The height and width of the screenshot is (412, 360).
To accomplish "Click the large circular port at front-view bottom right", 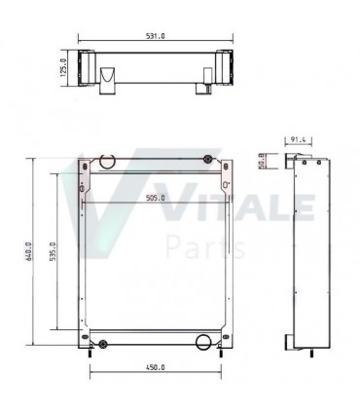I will coord(202,341).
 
